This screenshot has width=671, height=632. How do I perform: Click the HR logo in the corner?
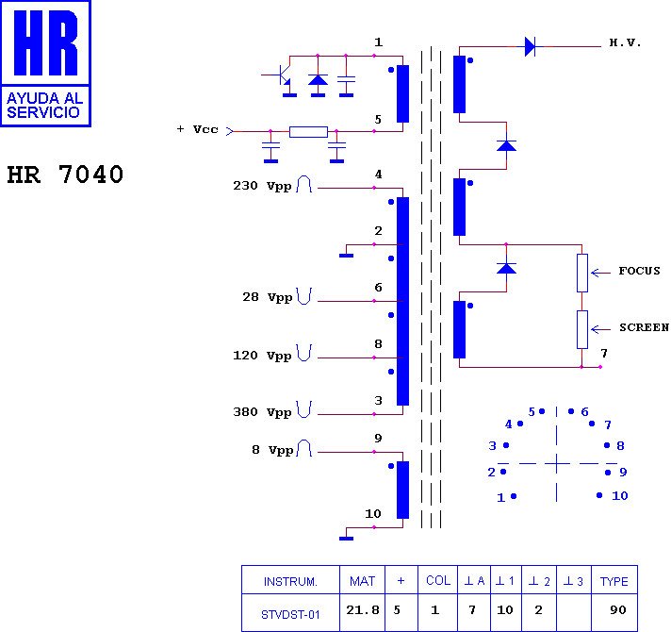pyautogui.click(x=45, y=62)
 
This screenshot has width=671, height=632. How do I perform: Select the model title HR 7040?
pyautogui.click(x=65, y=175)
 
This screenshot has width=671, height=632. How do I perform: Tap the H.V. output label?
pyautogui.click(x=625, y=43)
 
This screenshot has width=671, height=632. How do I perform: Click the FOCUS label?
pyautogui.click(x=639, y=272)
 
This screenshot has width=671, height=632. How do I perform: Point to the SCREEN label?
pyautogui.click(x=644, y=328)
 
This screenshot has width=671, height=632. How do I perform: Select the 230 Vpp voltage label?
pyautogui.click(x=262, y=186)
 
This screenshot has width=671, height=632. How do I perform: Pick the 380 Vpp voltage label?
pyautogui.click(x=262, y=412)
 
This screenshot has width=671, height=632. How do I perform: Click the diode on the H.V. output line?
pyautogui.click(x=530, y=45)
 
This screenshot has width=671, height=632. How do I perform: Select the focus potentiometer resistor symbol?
pyautogui.click(x=582, y=272)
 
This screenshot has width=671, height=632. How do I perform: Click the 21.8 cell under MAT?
pyautogui.click(x=363, y=610)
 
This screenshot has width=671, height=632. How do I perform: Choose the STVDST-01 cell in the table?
pyautogui.click(x=290, y=614)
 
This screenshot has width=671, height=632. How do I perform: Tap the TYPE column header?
pyautogui.click(x=614, y=581)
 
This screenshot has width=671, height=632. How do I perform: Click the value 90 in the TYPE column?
pyautogui.click(x=617, y=610)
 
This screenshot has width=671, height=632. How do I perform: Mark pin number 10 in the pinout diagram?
pyautogui.click(x=619, y=495)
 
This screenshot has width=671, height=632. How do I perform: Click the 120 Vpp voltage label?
pyautogui.click(x=262, y=356)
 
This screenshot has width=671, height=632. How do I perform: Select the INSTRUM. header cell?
pyautogui.click(x=290, y=581)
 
